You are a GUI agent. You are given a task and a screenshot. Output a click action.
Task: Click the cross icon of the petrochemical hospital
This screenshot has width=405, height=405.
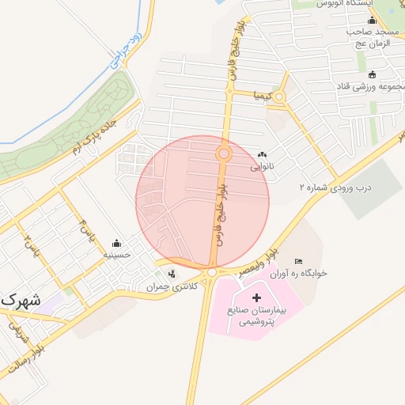coord(255,298)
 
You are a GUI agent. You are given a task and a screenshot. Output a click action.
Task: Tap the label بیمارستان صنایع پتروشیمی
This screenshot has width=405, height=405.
coord(255,316)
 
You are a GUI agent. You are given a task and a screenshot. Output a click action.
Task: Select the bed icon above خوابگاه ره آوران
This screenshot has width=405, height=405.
coord(298,261)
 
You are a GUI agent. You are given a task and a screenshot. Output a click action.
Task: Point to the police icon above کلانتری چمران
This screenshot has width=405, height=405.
coord(172,274)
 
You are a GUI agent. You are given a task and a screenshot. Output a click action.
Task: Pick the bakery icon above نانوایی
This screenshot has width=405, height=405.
coord(262,155)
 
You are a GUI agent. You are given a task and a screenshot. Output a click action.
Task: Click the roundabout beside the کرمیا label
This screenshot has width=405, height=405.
coord(278,97)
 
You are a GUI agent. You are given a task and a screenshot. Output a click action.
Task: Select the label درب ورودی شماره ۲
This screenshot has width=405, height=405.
coord(335,187)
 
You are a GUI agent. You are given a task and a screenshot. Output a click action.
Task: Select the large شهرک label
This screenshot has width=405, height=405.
coord(21,301)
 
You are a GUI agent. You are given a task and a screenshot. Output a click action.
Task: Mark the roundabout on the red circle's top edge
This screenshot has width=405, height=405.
coord(224,153)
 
